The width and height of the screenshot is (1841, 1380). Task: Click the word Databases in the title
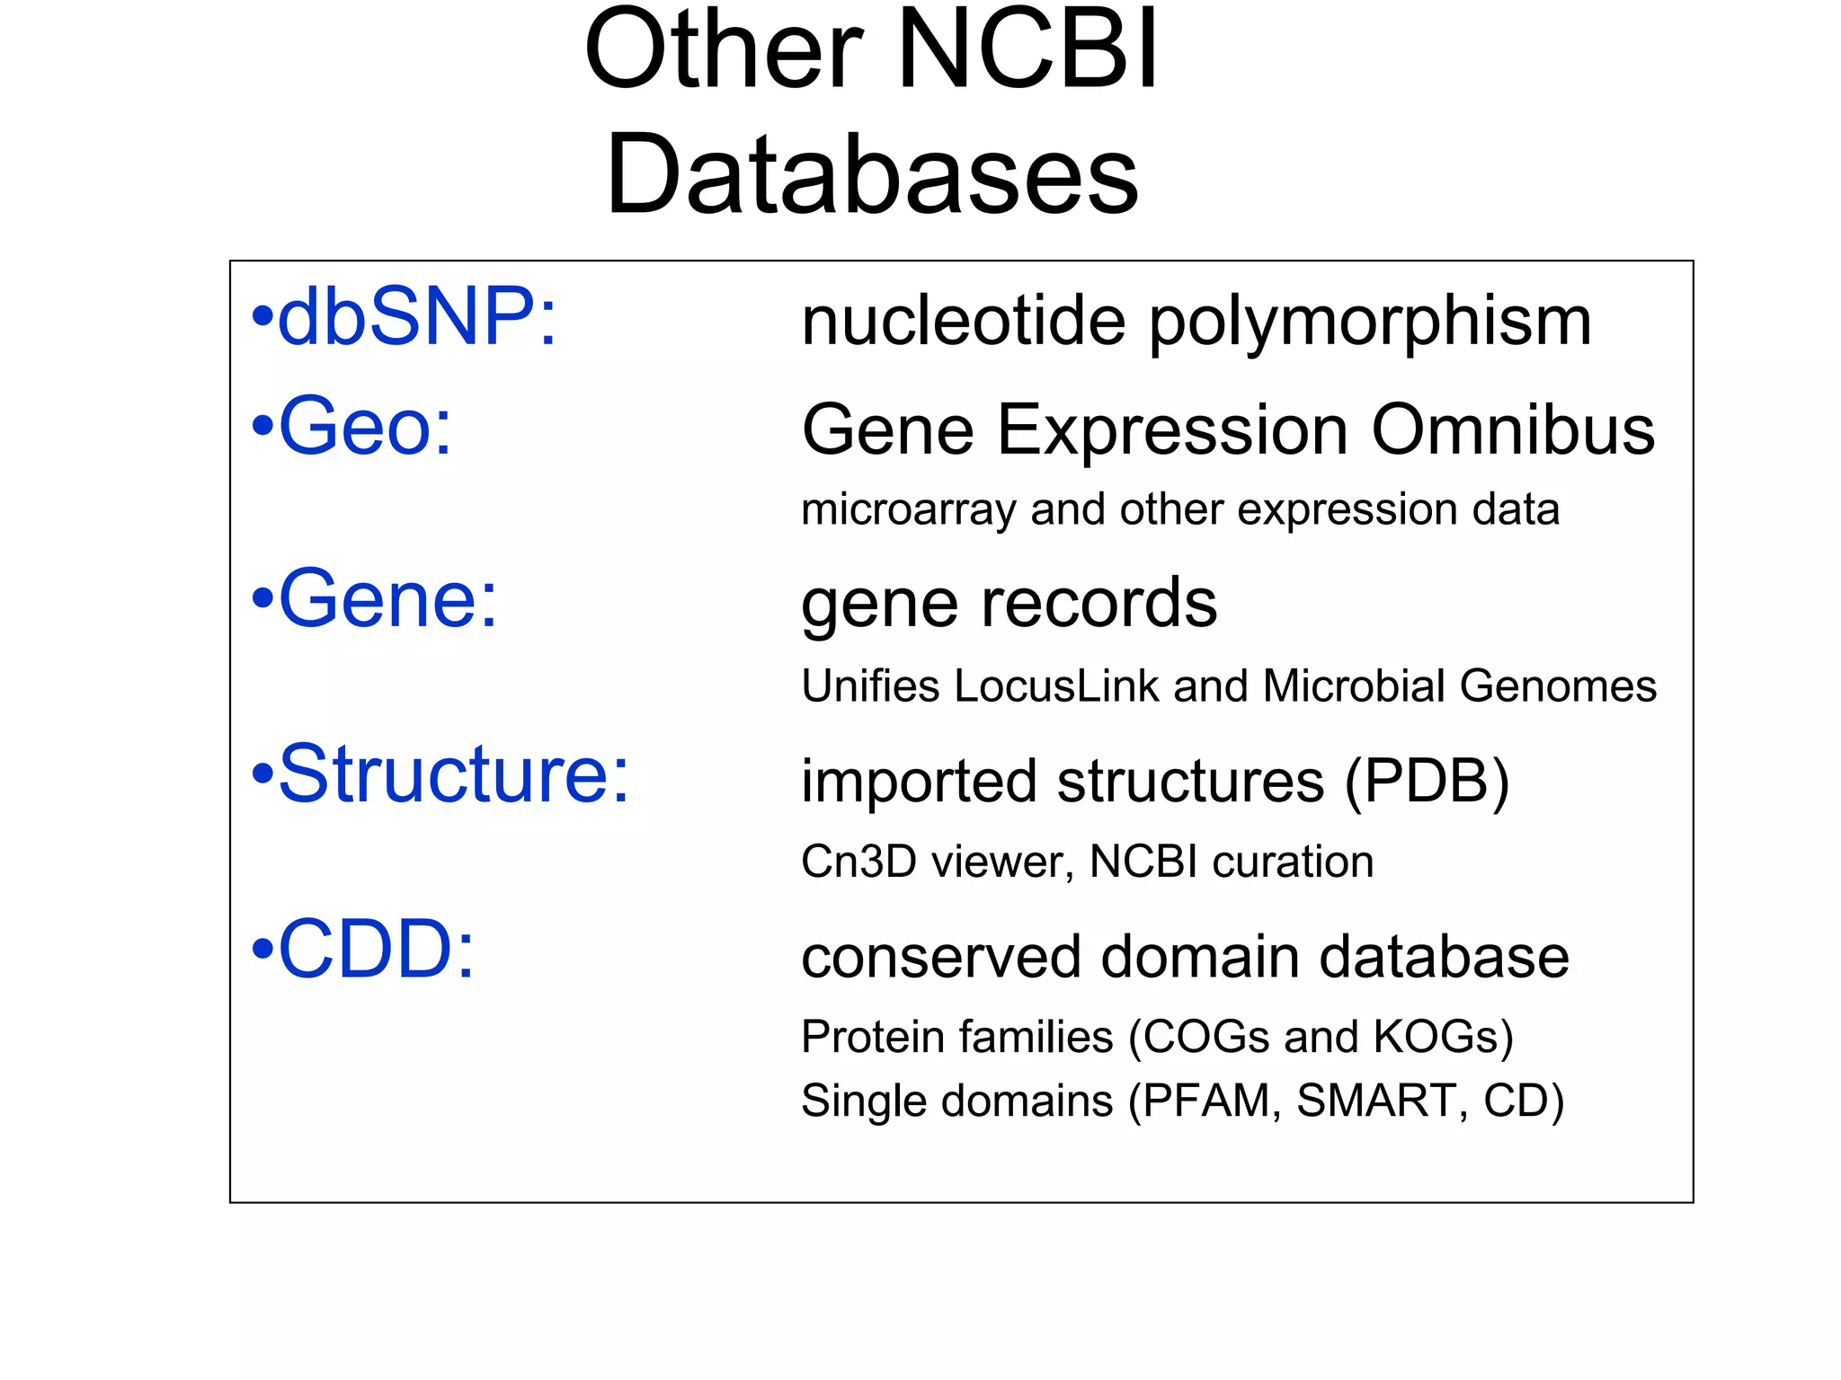pyautogui.click(x=872, y=175)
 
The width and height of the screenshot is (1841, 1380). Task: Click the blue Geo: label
pyautogui.click(x=365, y=427)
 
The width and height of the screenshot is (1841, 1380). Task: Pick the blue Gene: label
pyautogui.click(x=387, y=599)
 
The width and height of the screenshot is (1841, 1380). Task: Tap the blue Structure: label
pyautogui.click(x=454, y=774)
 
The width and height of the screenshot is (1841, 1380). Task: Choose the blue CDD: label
pyautogui.click(x=376, y=949)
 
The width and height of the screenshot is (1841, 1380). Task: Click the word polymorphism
pyautogui.click(x=1370, y=323)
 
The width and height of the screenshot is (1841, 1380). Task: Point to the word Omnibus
pyautogui.click(x=1512, y=430)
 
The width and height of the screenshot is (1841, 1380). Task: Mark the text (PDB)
pyautogui.click(x=1426, y=782)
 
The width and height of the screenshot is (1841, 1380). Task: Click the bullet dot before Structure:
pyautogui.click(x=262, y=774)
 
